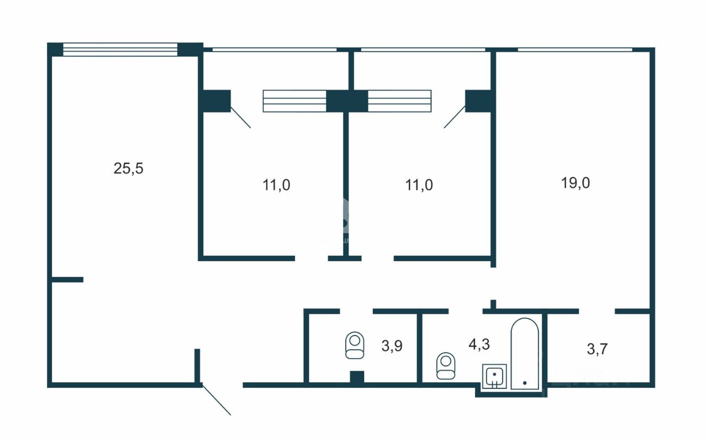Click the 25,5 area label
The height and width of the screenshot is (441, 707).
(128, 169)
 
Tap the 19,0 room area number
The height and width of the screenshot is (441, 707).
(576, 183)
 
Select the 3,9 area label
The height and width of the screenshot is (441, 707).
(392, 347)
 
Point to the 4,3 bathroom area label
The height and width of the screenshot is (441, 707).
(479, 344)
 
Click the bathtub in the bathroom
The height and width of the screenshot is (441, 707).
(524, 354)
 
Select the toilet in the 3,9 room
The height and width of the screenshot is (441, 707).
(355, 345)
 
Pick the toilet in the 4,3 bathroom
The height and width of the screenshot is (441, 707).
(446, 366)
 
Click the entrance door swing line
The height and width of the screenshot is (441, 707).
(216, 399)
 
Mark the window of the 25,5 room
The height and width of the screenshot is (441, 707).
(120, 49)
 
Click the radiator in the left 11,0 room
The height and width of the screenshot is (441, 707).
(294, 101)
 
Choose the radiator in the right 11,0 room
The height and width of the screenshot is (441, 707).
(399, 101)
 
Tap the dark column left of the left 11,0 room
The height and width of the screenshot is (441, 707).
(216, 101)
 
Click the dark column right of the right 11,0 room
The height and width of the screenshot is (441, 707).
(478, 101)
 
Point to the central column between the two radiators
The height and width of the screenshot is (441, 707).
(347, 101)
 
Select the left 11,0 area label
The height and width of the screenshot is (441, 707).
(276, 185)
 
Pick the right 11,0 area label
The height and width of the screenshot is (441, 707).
(419, 185)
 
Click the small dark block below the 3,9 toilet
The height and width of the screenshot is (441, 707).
(357, 378)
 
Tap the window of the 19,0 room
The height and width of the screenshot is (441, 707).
(574, 50)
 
